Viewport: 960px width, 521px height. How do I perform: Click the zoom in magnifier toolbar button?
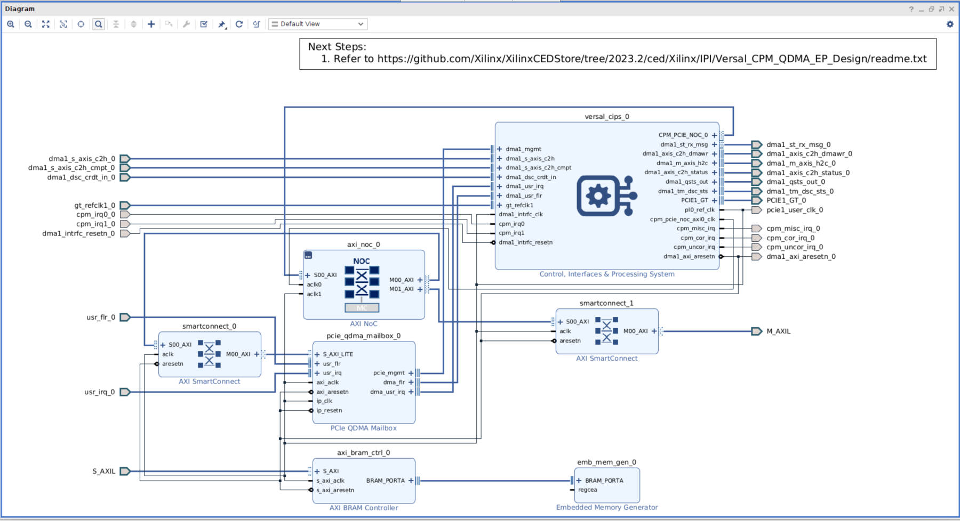11,24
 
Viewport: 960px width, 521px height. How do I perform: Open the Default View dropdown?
318,24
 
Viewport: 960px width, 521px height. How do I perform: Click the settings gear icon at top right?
950,24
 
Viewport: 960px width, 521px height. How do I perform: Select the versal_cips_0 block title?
606,117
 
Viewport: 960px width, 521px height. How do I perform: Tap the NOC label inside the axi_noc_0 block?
361,261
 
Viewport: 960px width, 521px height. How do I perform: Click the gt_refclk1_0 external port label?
94,205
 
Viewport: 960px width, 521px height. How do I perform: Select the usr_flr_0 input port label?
100,317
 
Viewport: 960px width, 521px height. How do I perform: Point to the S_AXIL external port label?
103,471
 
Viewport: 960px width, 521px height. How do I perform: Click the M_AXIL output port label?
778,331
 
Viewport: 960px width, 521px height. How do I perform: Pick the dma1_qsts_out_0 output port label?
795,182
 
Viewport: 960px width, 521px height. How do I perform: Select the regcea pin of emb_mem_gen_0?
587,490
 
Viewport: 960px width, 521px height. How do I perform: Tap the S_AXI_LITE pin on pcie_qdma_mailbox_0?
338,354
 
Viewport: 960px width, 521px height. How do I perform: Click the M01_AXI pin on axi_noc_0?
401,289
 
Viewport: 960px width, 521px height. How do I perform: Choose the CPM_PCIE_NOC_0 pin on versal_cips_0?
683,135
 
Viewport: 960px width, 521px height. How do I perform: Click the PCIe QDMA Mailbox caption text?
363,428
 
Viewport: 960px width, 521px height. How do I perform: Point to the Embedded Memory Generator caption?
606,507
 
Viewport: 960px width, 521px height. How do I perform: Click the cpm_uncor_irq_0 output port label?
794,247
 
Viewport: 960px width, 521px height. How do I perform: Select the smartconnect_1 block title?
606,303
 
